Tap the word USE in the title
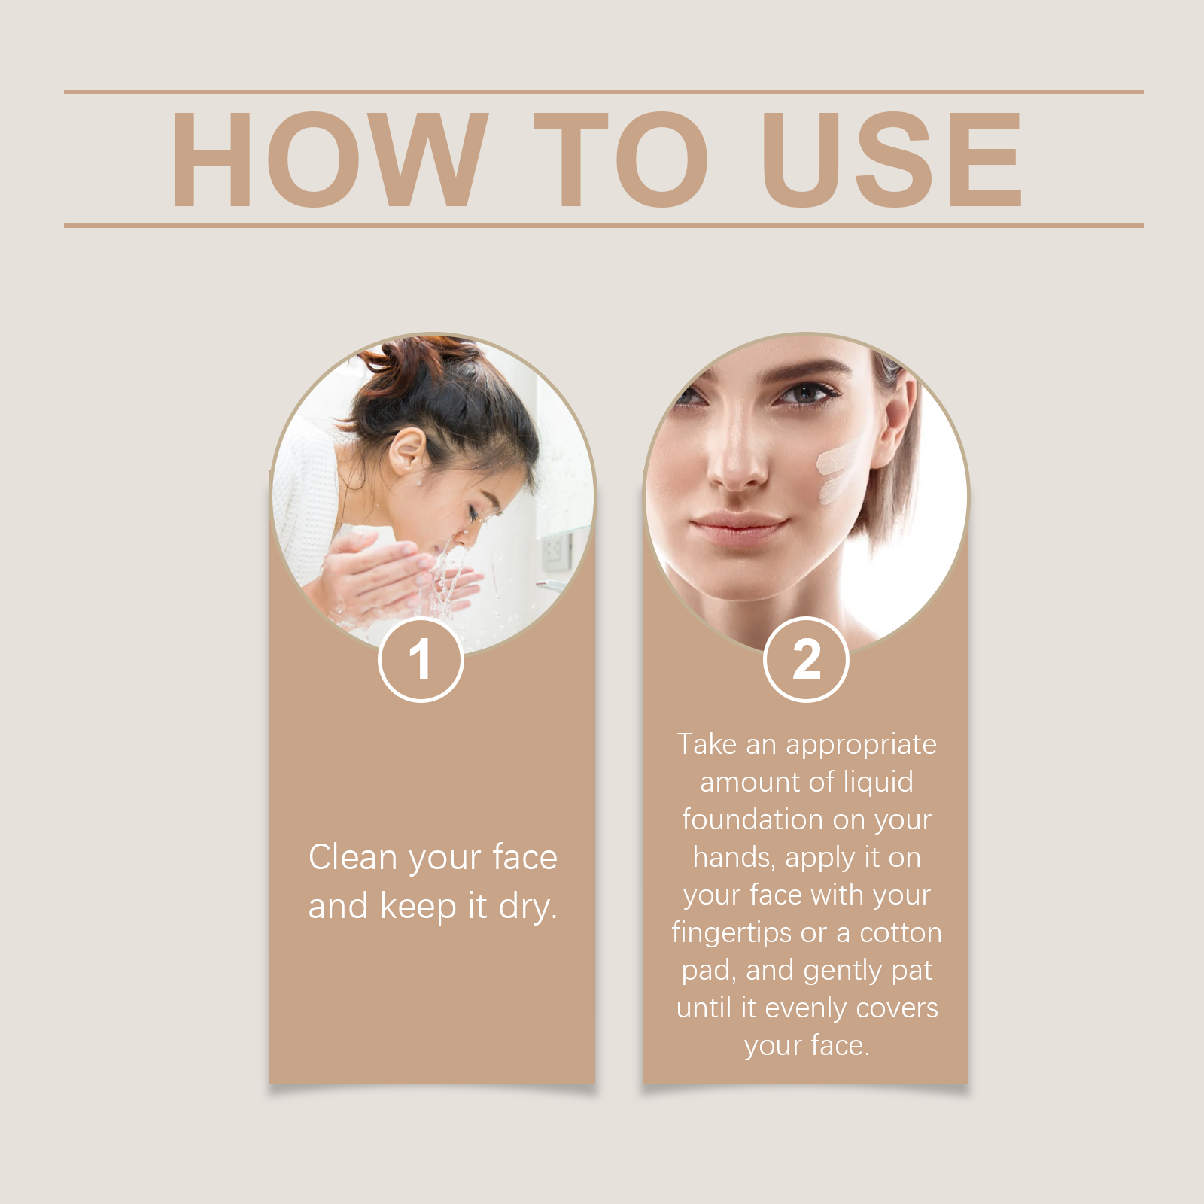(x=891, y=159)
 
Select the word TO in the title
(x=621, y=159)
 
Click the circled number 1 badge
(x=421, y=660)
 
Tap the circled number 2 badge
(x=806, y=660)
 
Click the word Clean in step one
(x=353, y=858)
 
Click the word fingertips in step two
(x=731, y=933)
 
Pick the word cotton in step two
(x=901, y=933)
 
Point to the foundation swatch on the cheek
(x=838, y=471)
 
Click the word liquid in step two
(x=877, y=783)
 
